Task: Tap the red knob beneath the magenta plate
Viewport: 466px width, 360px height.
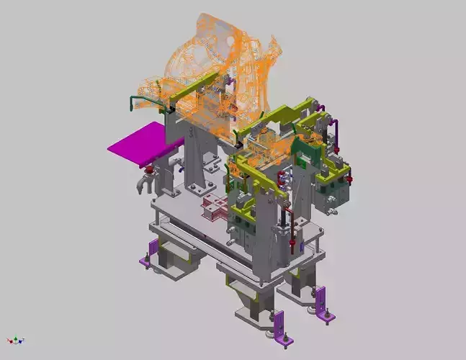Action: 150,171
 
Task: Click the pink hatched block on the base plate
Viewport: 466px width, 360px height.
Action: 215,210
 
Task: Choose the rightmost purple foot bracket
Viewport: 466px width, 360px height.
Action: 319,297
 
